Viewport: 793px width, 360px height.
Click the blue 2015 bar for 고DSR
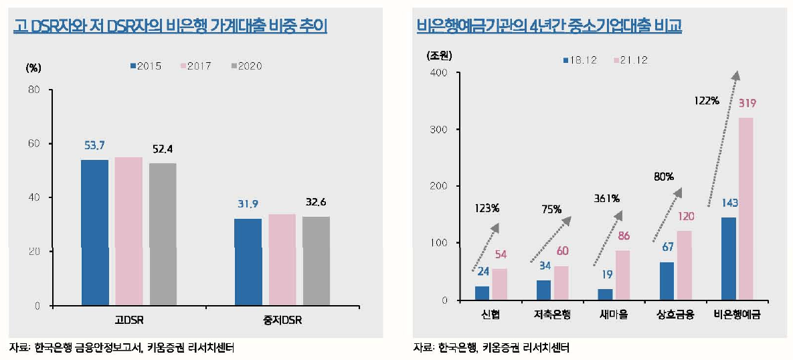pos(94,232)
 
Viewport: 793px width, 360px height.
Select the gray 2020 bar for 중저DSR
pos(316,261)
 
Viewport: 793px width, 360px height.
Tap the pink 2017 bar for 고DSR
pos(128,231)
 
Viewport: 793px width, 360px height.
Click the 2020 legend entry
pos(246,66)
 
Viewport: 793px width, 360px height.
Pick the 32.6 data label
pos(315,202)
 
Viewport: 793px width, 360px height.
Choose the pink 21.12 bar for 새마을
pos(622,275)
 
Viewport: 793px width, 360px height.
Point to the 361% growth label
pos(606,198)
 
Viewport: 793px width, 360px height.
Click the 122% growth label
pos(707,100)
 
